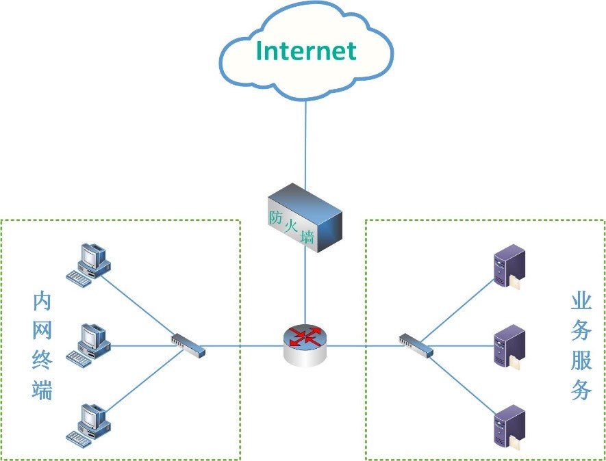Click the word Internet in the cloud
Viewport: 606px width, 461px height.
tap(306, 51)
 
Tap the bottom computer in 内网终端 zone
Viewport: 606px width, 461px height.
tap(88, 423)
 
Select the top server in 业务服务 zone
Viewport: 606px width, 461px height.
tap(509, 267)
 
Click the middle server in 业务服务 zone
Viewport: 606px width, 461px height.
tap(509, 345)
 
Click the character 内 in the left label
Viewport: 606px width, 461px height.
tap(43, 302)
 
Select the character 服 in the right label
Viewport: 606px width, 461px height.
tap(581, 360)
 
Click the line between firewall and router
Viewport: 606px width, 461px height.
tap(305, 287)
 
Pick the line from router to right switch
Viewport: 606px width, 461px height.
tap(363, 345)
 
